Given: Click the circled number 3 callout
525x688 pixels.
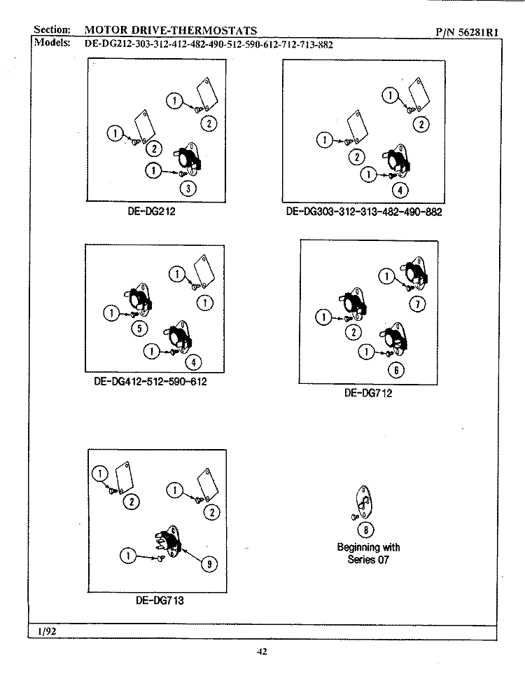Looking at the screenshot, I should (188, 188).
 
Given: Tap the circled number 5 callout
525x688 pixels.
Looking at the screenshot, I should (139, 329).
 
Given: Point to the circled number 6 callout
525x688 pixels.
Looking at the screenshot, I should (396, 371).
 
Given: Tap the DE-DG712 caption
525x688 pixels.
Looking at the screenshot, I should (368, 393).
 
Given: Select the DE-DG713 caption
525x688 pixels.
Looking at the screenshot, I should (160, 600).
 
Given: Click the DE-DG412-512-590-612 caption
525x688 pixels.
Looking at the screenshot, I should (150, 383).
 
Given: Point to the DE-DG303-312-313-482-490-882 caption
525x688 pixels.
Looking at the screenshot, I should (364, 212).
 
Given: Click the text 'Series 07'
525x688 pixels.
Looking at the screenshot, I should (368, 560).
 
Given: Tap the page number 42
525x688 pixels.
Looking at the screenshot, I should (262, 652).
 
